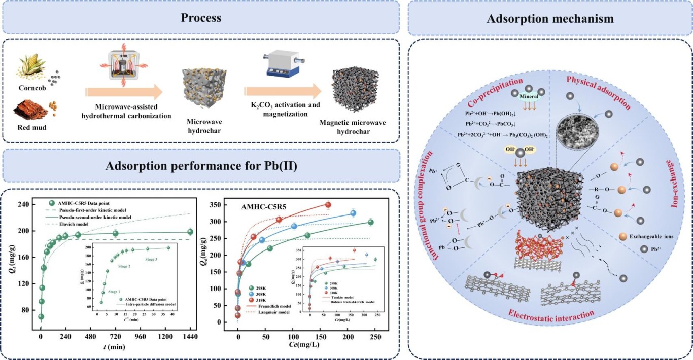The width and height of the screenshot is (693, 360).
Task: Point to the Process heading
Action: pos(201,18)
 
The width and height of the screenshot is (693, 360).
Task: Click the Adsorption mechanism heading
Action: pos(550,19)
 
